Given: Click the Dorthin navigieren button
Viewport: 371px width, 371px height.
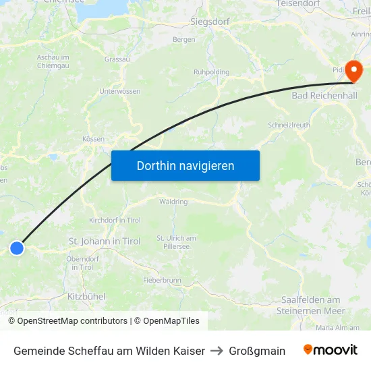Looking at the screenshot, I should [185, 166].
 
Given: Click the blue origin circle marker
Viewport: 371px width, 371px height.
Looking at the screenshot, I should [17, 248].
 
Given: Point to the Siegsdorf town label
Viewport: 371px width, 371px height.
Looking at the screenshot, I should [210, 22].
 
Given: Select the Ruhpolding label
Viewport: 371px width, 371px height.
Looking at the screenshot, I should [211, 72].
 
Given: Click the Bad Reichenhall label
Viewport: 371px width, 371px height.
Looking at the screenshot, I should [324, 96].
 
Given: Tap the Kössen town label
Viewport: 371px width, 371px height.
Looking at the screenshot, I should [93, 139].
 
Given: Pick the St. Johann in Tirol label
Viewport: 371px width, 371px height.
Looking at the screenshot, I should [105, 241].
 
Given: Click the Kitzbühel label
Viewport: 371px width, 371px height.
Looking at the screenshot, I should [86, 296].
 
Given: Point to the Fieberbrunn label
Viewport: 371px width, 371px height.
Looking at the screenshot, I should [163, 280].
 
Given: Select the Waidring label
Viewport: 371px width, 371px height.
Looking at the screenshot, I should [173, 201].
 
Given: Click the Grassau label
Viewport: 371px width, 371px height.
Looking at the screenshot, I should [117, 59].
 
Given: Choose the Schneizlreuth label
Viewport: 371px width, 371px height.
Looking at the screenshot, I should [288, 125].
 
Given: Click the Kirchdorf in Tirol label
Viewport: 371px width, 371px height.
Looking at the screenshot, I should [115, 221].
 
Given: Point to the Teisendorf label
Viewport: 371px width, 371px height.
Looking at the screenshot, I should [297, 4].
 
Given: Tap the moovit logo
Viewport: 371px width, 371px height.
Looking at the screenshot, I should [330, 350].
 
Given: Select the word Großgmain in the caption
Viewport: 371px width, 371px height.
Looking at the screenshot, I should [257, 351].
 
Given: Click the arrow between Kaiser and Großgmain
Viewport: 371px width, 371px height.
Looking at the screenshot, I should [217, 351].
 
